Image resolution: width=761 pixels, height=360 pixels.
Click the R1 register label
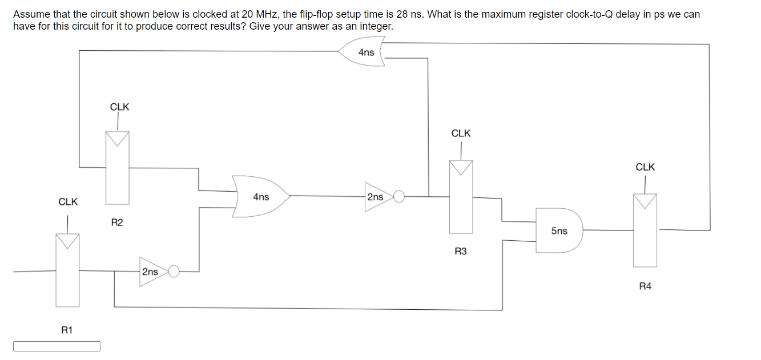67,330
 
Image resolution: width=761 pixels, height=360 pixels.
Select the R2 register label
116,223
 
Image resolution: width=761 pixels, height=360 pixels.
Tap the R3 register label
461,251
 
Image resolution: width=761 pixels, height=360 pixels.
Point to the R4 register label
645,286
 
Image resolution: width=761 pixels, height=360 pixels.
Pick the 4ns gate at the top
364,52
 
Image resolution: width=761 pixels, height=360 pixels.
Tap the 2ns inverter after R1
151,272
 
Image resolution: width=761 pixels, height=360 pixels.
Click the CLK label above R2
119,107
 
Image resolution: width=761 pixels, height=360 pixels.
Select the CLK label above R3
461,133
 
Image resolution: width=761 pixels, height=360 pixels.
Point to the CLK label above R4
645,167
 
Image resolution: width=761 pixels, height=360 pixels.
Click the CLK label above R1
68,202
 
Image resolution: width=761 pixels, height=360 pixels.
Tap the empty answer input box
57,346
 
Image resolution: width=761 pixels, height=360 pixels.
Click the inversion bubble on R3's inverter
399,197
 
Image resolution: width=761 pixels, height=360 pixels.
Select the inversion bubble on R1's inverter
174,272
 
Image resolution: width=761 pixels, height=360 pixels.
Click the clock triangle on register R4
645,201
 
